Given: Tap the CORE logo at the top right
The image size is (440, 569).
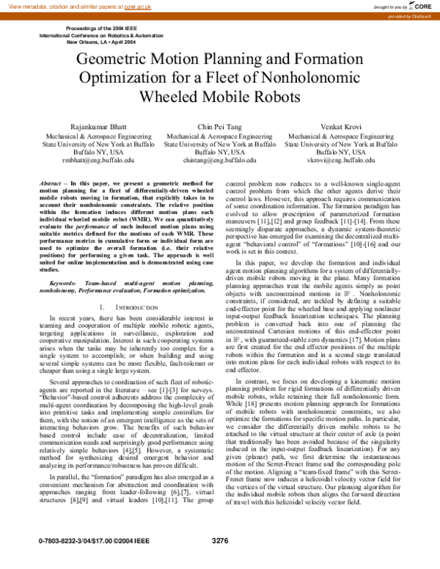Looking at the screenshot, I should [x=419, y=5].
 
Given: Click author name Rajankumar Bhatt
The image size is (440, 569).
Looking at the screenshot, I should [x=100, y=127].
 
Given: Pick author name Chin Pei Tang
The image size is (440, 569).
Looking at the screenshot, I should [x=219, y=127].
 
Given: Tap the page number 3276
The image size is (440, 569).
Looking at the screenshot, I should [x=220, y=561].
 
